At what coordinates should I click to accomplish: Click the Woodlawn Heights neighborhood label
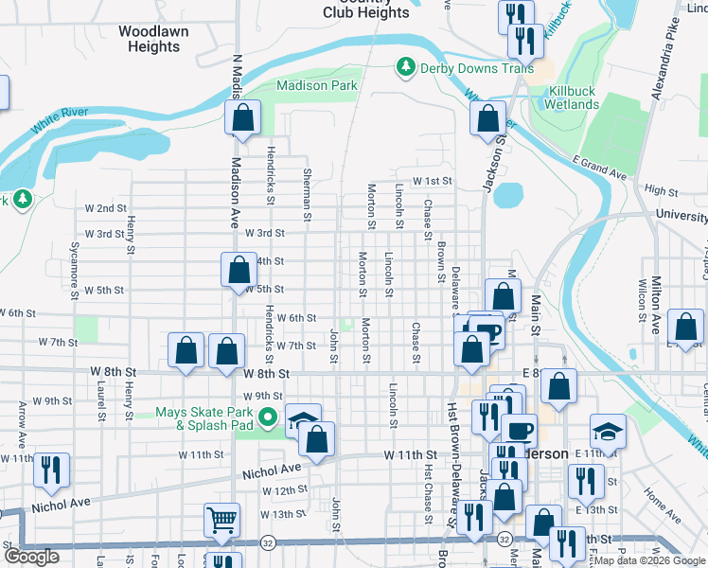tap(153, 38)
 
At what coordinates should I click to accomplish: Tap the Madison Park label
tap(316, 85)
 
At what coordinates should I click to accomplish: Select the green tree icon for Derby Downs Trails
tap(405, 66)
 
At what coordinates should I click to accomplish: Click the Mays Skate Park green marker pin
tap(268, 417)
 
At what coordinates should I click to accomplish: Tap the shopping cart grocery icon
tap(221, 519)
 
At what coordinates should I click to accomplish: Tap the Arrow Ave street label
tap(22, 423)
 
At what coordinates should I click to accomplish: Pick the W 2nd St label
tap(106, 208)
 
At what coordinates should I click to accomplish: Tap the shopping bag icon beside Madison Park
tap(242, 118)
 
